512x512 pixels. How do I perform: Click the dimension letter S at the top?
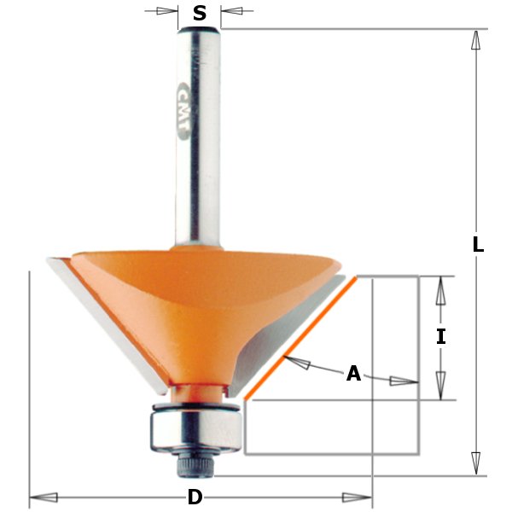click(x=199, y=13)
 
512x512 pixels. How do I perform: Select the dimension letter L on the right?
click(x=478, y=244)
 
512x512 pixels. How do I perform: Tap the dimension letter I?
click(x=440, y=336)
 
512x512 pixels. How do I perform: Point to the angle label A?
click(x=353, y=374)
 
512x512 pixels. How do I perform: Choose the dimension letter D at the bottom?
click(x=195, y=497)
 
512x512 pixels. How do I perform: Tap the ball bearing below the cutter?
click(x=195, y=424)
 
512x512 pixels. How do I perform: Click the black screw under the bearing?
click(x=195, y=463)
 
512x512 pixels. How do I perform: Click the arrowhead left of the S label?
click(x=167, y=12)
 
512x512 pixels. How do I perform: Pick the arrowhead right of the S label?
click(x=232, y=12)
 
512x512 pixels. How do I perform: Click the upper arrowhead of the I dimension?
click(x=440, y=291)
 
